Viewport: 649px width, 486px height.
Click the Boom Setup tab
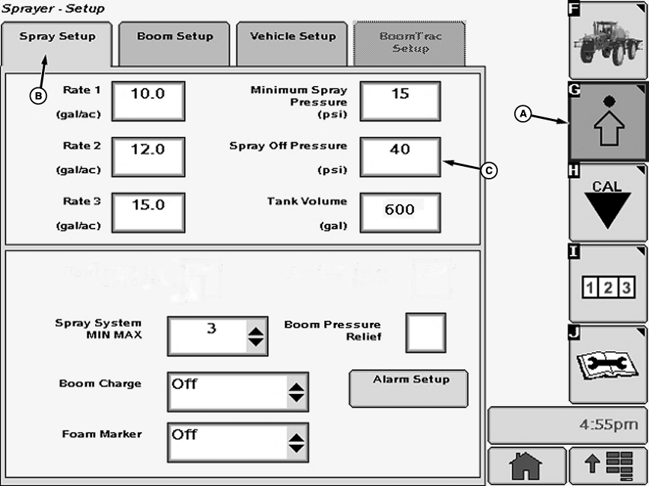pos(175,37)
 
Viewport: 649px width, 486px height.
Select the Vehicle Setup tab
pos(293,37)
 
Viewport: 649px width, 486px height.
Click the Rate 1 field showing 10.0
pos(148,101)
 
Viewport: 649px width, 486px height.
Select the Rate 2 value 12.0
pos(148,156)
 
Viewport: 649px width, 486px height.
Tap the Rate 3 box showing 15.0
pos(148,212)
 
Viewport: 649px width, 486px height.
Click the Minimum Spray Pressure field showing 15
pos(400,101)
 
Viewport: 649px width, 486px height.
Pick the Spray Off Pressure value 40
pos(400,156)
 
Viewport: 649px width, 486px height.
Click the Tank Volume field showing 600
pos(400,212)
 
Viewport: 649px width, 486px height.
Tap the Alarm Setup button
pos(409,388)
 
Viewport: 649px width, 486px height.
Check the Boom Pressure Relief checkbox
pos(426,333)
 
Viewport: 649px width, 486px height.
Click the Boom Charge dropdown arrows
pos(297,392)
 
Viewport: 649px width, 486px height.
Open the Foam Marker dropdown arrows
pos(297,443)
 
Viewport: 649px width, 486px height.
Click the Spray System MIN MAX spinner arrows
pos(256,336)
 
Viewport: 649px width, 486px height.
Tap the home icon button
pos(525,467)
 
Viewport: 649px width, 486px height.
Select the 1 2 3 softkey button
pos(607,285)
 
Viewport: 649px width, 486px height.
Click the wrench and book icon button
pos(607,364)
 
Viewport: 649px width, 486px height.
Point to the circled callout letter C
pos(488,171)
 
